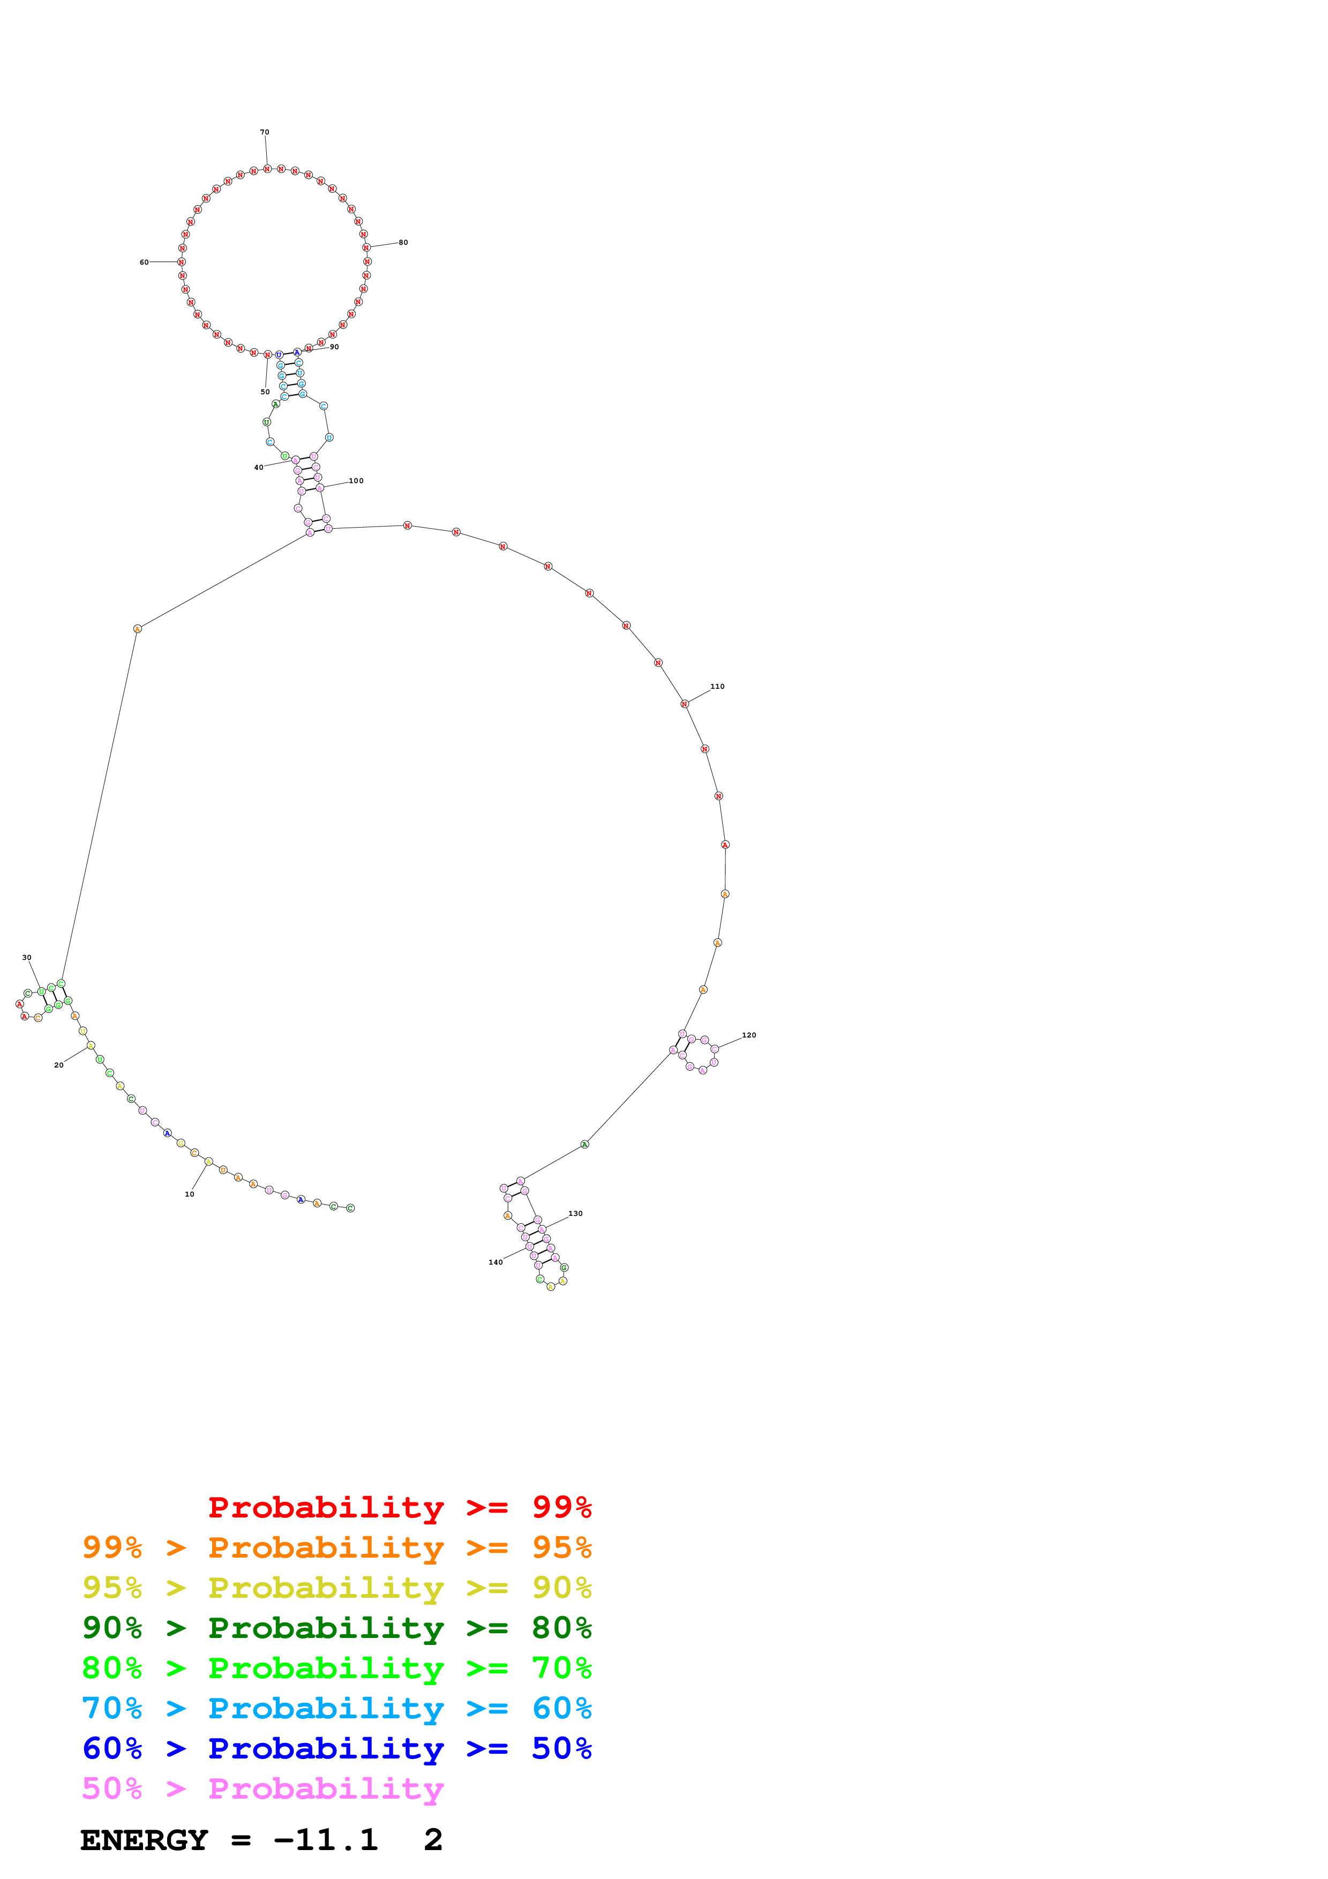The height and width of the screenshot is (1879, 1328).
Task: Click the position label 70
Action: coord(264,132)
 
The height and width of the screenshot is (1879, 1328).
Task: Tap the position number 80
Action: coord(403,242)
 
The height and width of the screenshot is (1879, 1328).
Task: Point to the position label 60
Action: coord(144,262)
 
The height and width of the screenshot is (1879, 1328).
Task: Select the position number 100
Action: coord(356,481)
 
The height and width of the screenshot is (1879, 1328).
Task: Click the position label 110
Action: coord(718,687)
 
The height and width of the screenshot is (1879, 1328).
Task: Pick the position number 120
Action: coord(749,1035)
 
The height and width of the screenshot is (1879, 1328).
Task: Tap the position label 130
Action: coord(576,1214)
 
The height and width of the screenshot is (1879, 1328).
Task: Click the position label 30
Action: coord(27,958)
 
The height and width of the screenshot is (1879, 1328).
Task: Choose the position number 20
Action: coord(59,1065)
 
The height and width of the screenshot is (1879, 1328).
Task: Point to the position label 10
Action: coord(190,1194)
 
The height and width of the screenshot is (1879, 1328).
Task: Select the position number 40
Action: coord(259,467)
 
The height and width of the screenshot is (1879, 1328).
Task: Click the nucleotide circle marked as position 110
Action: coord(685,704)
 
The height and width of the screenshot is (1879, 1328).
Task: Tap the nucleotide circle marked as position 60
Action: coord(182,262)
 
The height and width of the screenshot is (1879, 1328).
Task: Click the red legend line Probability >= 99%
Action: coord(399,1507)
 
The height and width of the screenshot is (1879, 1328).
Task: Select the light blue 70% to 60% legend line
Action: coord(336,1709)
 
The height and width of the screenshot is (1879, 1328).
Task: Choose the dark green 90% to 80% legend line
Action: coord(336,1628)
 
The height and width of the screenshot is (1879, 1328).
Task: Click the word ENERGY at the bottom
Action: coord(144,1840)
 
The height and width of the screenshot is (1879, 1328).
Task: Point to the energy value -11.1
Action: coord(326,1840)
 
